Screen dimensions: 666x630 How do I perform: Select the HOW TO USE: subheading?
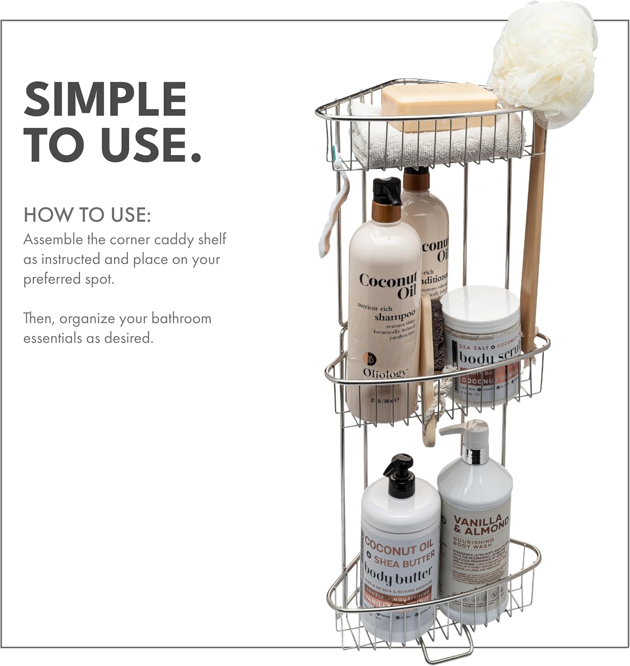pos(87,215)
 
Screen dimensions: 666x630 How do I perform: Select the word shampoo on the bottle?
pos(394,316)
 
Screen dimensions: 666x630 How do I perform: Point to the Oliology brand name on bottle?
pos(384,373)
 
